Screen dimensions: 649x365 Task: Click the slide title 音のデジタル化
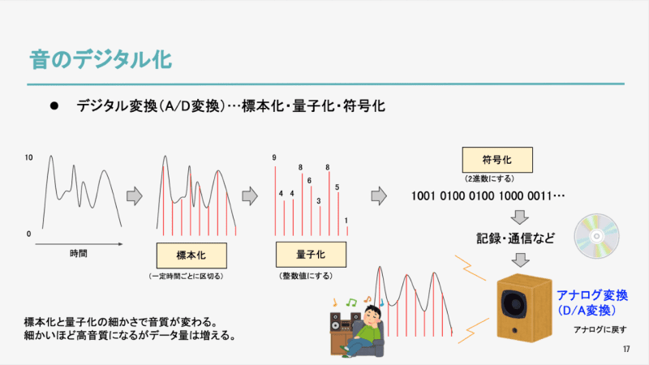tap(101, 59)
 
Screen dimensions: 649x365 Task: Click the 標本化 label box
tap(191, 255)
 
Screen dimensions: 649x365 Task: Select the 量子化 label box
tap(311, 255)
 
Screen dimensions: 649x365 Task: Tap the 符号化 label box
tap(497, 160)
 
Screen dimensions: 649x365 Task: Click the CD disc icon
tap(596, 236)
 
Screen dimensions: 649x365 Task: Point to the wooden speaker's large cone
tap(514, 304)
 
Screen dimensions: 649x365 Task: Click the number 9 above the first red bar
tap(274, 157)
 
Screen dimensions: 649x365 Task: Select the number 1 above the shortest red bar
tap(346, 221)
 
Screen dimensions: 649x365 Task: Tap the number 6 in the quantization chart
tap(309, 181)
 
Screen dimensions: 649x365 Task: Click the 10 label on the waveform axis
tap(28, 157)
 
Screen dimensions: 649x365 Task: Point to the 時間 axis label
tap(78, 253)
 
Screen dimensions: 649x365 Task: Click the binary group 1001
tap(423, 195)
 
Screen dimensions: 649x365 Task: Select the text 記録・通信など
tap(515, 238)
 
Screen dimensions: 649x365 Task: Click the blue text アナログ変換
tap(592, 295)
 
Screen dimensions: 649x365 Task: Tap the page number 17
tap(626, 350)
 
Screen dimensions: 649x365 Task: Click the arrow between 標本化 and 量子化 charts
tap(250, 195)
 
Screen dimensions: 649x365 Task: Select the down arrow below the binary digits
tap(519, 217)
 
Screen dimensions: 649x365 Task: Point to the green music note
tap(351, 303)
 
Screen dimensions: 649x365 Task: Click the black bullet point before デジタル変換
tap(54, 106)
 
